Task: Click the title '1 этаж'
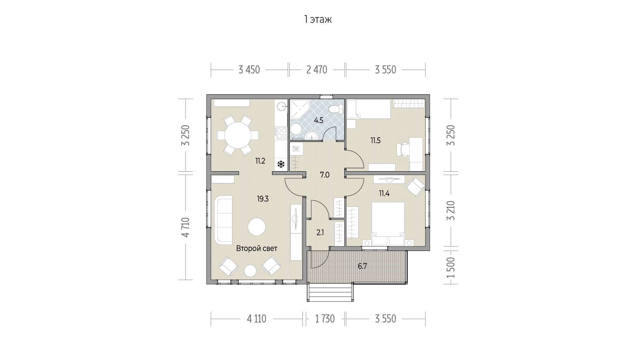(318, 20)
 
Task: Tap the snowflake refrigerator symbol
(281, 164)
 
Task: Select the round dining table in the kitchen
(238, 135)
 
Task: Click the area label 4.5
(319, 121)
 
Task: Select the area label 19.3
(263, 199)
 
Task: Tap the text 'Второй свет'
(257, 249)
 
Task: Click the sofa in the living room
(223, 220)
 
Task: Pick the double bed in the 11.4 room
(388, 224)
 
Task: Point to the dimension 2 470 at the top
(317, 70)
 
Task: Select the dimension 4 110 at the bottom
(256, 319)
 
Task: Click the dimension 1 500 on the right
(451, 267)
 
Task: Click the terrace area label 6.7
(362, 266)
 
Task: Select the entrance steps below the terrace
(330, 292)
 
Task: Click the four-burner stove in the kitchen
(281, 133)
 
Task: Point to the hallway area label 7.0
(324, 175)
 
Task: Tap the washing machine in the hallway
(296, 148)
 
